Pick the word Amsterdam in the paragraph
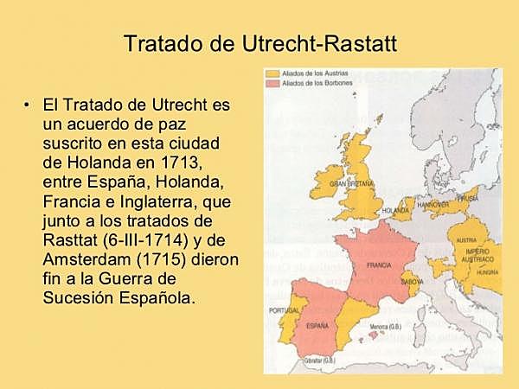click(x=80, y=259)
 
